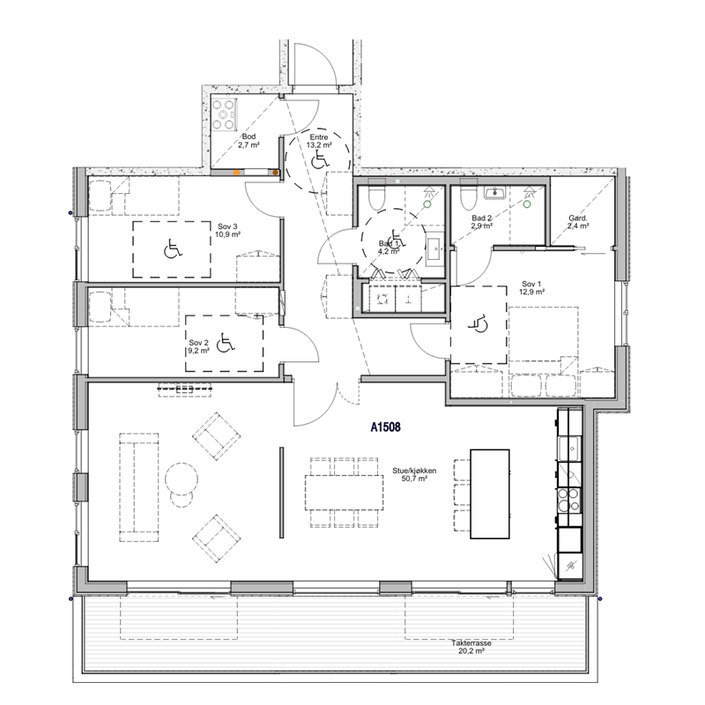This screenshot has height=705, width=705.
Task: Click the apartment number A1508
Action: (385, 427)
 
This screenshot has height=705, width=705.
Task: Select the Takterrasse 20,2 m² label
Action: (471, 647)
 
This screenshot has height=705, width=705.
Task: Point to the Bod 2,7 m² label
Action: (249, 140)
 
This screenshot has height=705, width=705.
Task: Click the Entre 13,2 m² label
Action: (319, 141)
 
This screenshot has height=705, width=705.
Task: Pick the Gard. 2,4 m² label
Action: (578, 222)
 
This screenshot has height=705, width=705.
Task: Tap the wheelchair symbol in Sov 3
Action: (172, 249)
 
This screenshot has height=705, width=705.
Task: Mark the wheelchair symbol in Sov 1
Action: (479, 323)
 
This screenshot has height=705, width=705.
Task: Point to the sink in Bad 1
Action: (434, 249)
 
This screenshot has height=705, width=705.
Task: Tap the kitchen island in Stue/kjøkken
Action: (490, 493)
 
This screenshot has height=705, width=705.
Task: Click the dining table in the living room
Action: (344, 493)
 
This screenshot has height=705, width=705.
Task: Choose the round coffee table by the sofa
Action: (182, 479)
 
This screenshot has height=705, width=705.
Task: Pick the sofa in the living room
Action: (139, 487)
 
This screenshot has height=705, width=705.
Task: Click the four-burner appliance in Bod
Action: (224, 115)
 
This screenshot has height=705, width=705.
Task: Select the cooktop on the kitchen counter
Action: (568, 500)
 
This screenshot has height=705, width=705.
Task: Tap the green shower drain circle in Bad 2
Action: (527, 204)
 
